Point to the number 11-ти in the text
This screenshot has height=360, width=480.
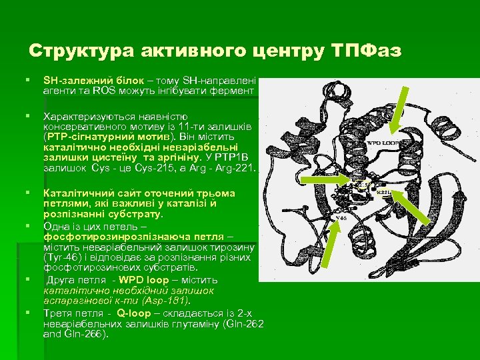[187, 126]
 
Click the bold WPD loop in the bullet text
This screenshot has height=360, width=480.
[141, 279]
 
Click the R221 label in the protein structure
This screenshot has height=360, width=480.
[385, 192]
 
